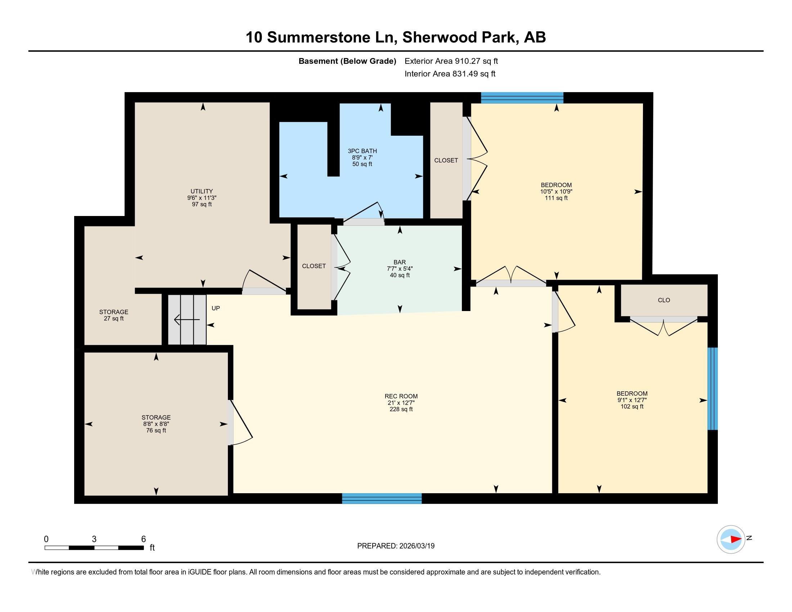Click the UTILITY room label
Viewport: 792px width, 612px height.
point(202,198)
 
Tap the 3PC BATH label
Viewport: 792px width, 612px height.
point(362,157)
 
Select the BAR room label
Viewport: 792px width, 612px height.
point(400,269)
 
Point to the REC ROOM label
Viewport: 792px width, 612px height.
point(401,402)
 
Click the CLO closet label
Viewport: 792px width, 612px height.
point(664,300)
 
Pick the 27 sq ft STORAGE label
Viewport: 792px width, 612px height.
point(114,315)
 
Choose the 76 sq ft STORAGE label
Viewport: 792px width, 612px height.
point(156,424)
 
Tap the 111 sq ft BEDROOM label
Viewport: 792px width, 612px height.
point(556,192)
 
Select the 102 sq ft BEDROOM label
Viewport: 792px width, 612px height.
point(632,400)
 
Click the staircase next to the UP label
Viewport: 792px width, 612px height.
point(187,319)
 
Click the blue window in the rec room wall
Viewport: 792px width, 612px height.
point(382,499)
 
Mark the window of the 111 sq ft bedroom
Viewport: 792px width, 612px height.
point(522,98)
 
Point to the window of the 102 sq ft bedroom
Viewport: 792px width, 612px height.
point(712,389)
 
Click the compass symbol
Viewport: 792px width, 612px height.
point(731,539)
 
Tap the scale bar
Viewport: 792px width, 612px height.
point(94,548)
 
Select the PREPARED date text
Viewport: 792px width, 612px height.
point(396,546)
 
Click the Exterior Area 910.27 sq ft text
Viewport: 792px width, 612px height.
point(451,61)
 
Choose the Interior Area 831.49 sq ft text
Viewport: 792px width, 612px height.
point(450,73)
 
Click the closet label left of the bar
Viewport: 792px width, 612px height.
point(314,266)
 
